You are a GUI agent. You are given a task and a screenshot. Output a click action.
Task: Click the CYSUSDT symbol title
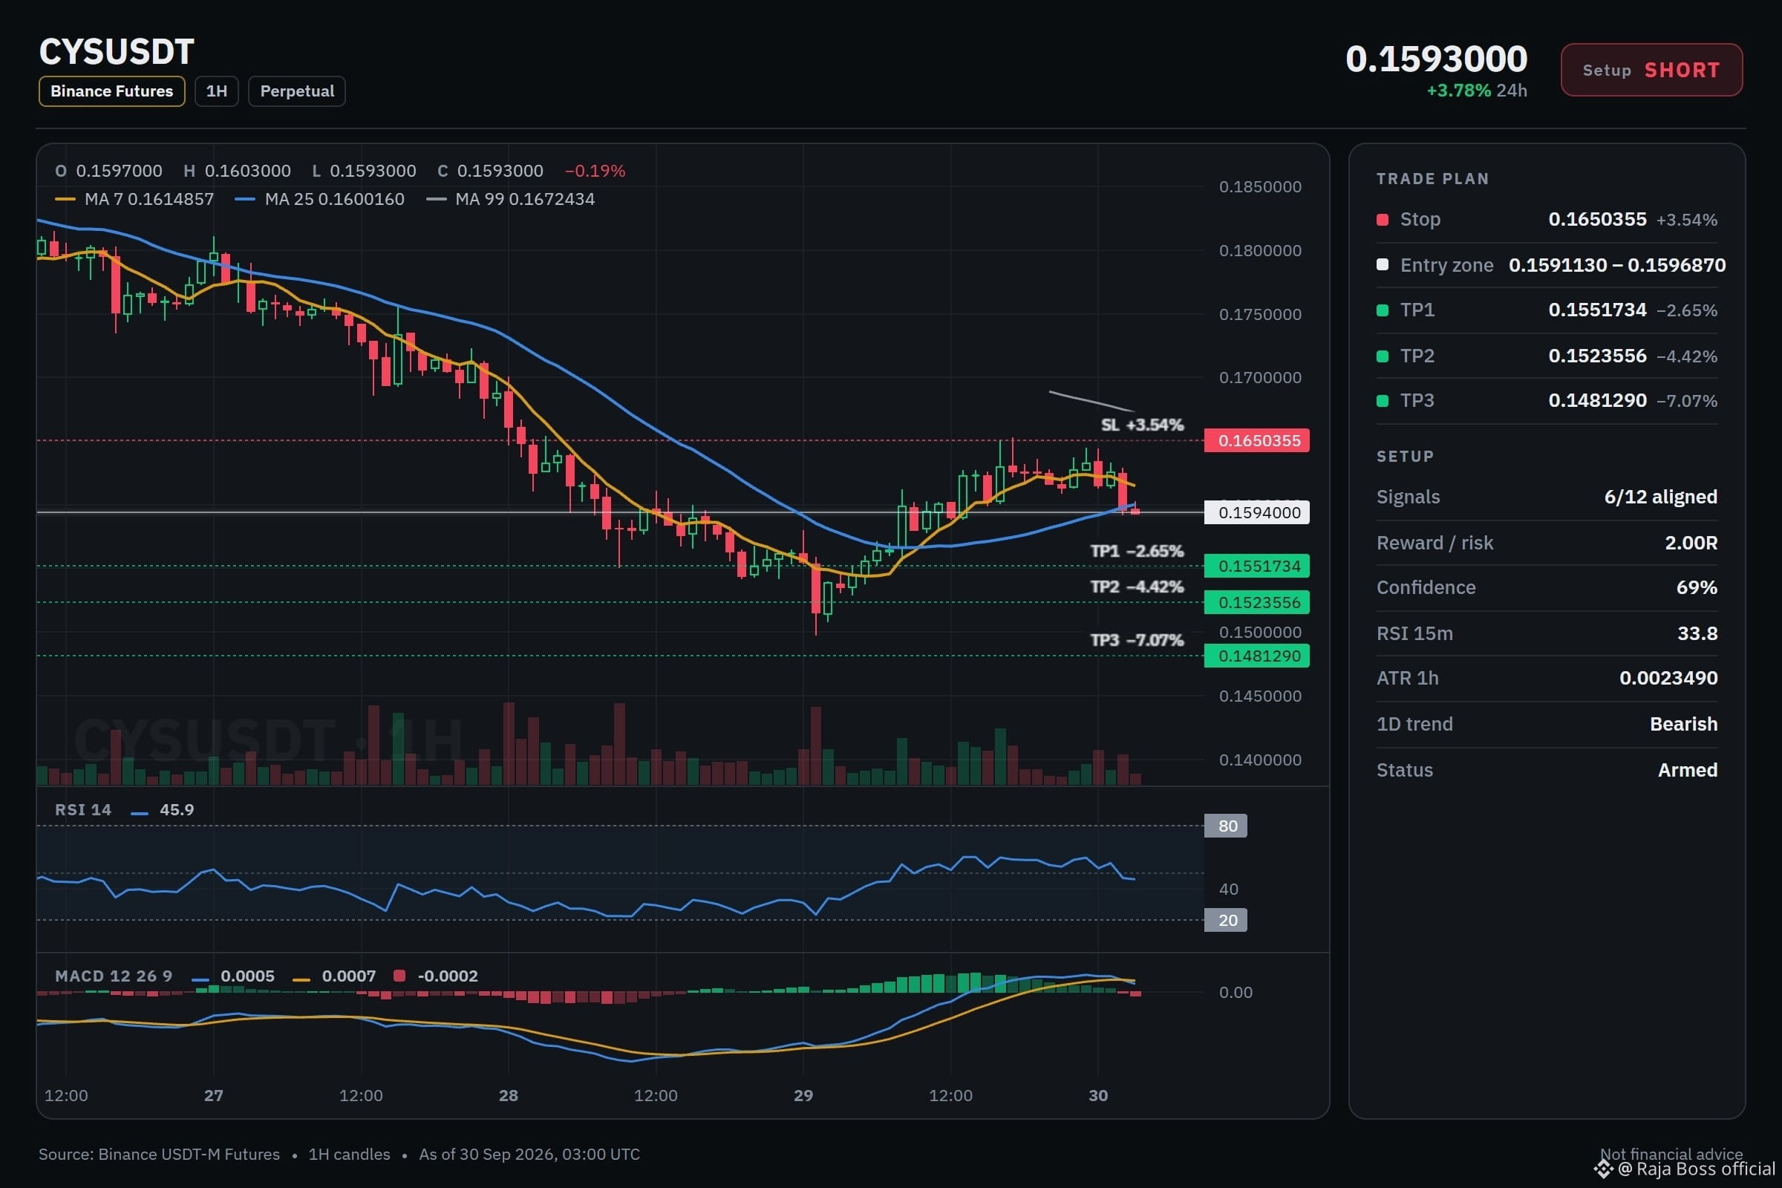(117, 52)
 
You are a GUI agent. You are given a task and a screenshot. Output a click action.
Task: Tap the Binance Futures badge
(112, 91)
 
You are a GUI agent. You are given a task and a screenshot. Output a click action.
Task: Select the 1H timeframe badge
(217, 91)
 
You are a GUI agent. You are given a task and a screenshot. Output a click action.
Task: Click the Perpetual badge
(297, 91)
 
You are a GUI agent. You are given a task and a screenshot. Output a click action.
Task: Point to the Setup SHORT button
(1651, 70)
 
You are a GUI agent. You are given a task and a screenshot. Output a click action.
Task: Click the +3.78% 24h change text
(1476, 90)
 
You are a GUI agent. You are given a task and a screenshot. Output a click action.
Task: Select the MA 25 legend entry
(320, 199)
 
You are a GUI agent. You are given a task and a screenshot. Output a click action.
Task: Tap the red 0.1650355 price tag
(1257, 440)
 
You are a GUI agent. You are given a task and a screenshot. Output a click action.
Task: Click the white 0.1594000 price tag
(1257, 512)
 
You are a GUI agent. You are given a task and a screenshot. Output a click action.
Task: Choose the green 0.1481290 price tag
(1257, 656)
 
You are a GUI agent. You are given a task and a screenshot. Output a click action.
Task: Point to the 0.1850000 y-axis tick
(1260, 186)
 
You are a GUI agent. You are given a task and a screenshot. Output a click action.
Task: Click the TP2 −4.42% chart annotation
(1137, 587)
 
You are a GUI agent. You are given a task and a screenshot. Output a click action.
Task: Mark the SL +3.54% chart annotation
(1142, 424)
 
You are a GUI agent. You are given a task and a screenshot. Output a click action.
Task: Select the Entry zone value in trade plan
(1617, 265)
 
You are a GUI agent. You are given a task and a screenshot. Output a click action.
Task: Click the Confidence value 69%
(1697, 587)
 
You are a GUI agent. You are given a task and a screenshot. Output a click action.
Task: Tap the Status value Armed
(1687, 770)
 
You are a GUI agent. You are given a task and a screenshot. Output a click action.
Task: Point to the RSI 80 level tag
(1226, 826)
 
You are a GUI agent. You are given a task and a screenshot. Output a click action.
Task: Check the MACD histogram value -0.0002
(448, 976)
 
